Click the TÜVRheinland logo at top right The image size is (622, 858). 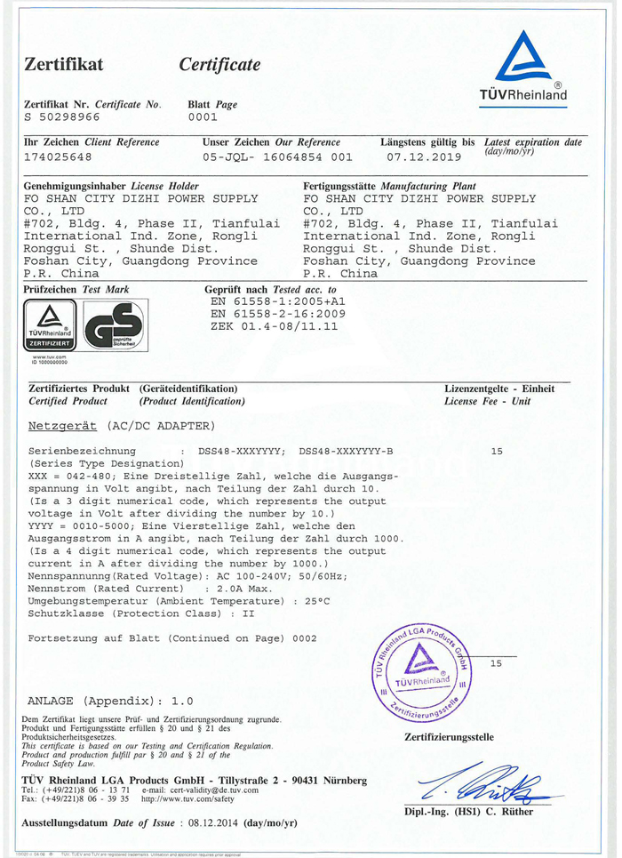535,67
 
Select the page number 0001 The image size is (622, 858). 203,116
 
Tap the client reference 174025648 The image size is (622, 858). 58,157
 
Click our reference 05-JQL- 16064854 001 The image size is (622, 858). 276,157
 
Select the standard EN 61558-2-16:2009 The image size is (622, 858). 278,314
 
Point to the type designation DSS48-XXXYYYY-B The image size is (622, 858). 346,452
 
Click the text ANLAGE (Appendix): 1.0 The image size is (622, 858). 110,701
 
